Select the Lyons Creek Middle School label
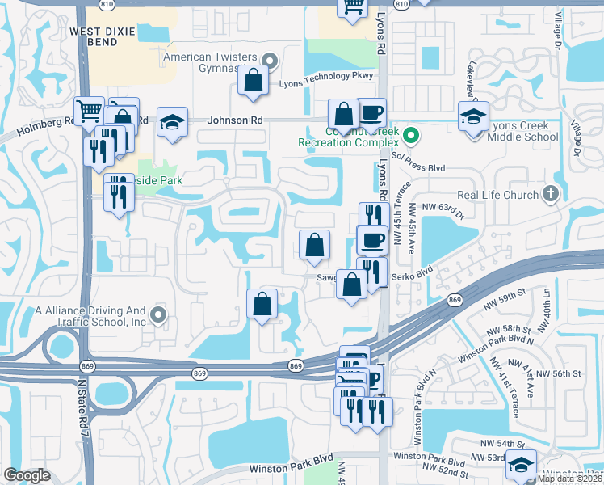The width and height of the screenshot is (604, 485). tap(523, 131)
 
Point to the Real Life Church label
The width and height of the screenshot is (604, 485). tap(497, 195)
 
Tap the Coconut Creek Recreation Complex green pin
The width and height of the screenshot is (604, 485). tap(410, 135)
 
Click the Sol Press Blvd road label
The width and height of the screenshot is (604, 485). tap(418, 168)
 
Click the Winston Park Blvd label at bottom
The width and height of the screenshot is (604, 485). tap(291, 468)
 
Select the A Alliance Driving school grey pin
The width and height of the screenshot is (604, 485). tap(158, 315)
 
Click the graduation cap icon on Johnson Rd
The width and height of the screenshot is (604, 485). tap(172, 121)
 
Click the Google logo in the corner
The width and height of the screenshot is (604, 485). tap(27, 475)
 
